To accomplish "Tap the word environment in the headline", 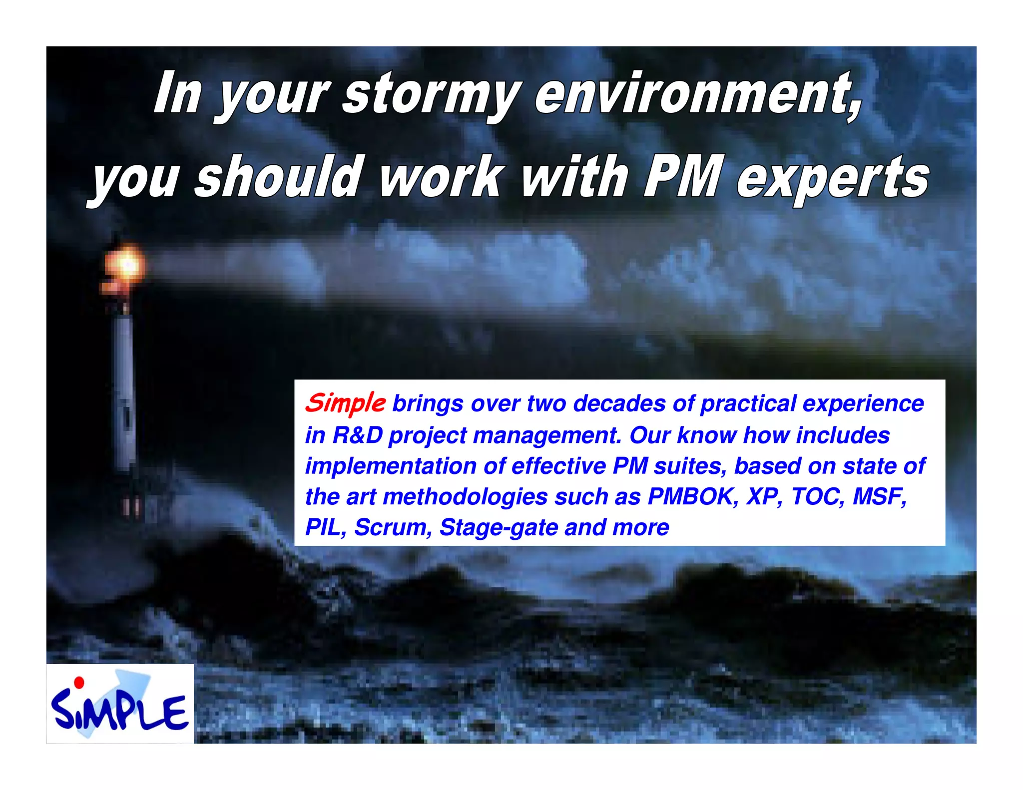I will [x=697, y=94].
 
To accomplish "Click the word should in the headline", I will [x=277, y=177].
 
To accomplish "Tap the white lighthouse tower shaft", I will [x=124, y=390].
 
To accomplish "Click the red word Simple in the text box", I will [x=345, y=403].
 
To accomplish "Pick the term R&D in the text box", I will [x=357, y=435].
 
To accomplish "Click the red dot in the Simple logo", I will [x=78, y=682].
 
